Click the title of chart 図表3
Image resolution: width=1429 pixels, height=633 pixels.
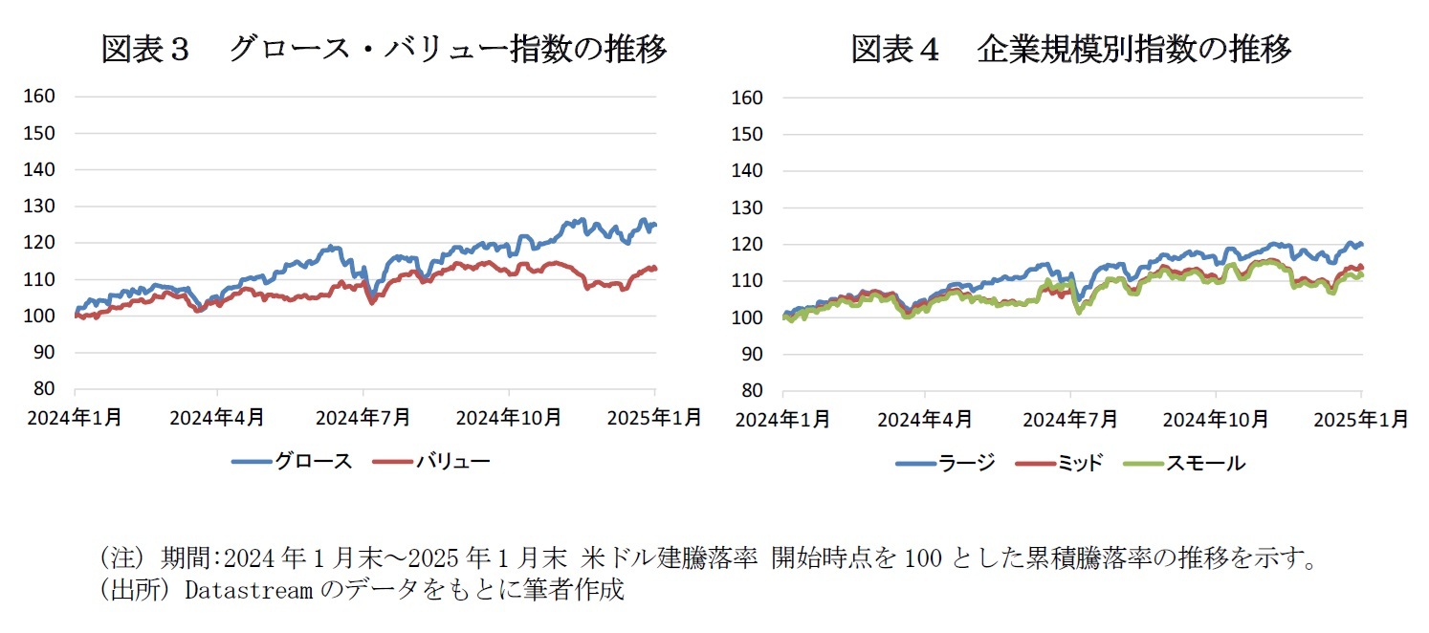click(384, 49)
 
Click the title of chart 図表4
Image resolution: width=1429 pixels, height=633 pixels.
click(1070, 49)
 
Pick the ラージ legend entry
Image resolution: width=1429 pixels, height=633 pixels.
click(967, 464)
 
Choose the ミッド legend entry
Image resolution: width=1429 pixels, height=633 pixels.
click(1079, 464)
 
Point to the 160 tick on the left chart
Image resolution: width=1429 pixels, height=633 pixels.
click(42, 97)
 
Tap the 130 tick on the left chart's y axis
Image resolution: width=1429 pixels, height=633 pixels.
click(42, 207)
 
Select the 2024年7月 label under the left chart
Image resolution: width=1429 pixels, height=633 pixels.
click(363, 418)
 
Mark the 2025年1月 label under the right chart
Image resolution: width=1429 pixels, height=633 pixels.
click(1361, 419)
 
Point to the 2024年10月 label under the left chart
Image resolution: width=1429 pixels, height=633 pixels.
click(509, 418)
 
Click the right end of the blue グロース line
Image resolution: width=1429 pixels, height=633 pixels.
click(655, 225)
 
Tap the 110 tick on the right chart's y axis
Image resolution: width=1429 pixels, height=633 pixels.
click(751, 281)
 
